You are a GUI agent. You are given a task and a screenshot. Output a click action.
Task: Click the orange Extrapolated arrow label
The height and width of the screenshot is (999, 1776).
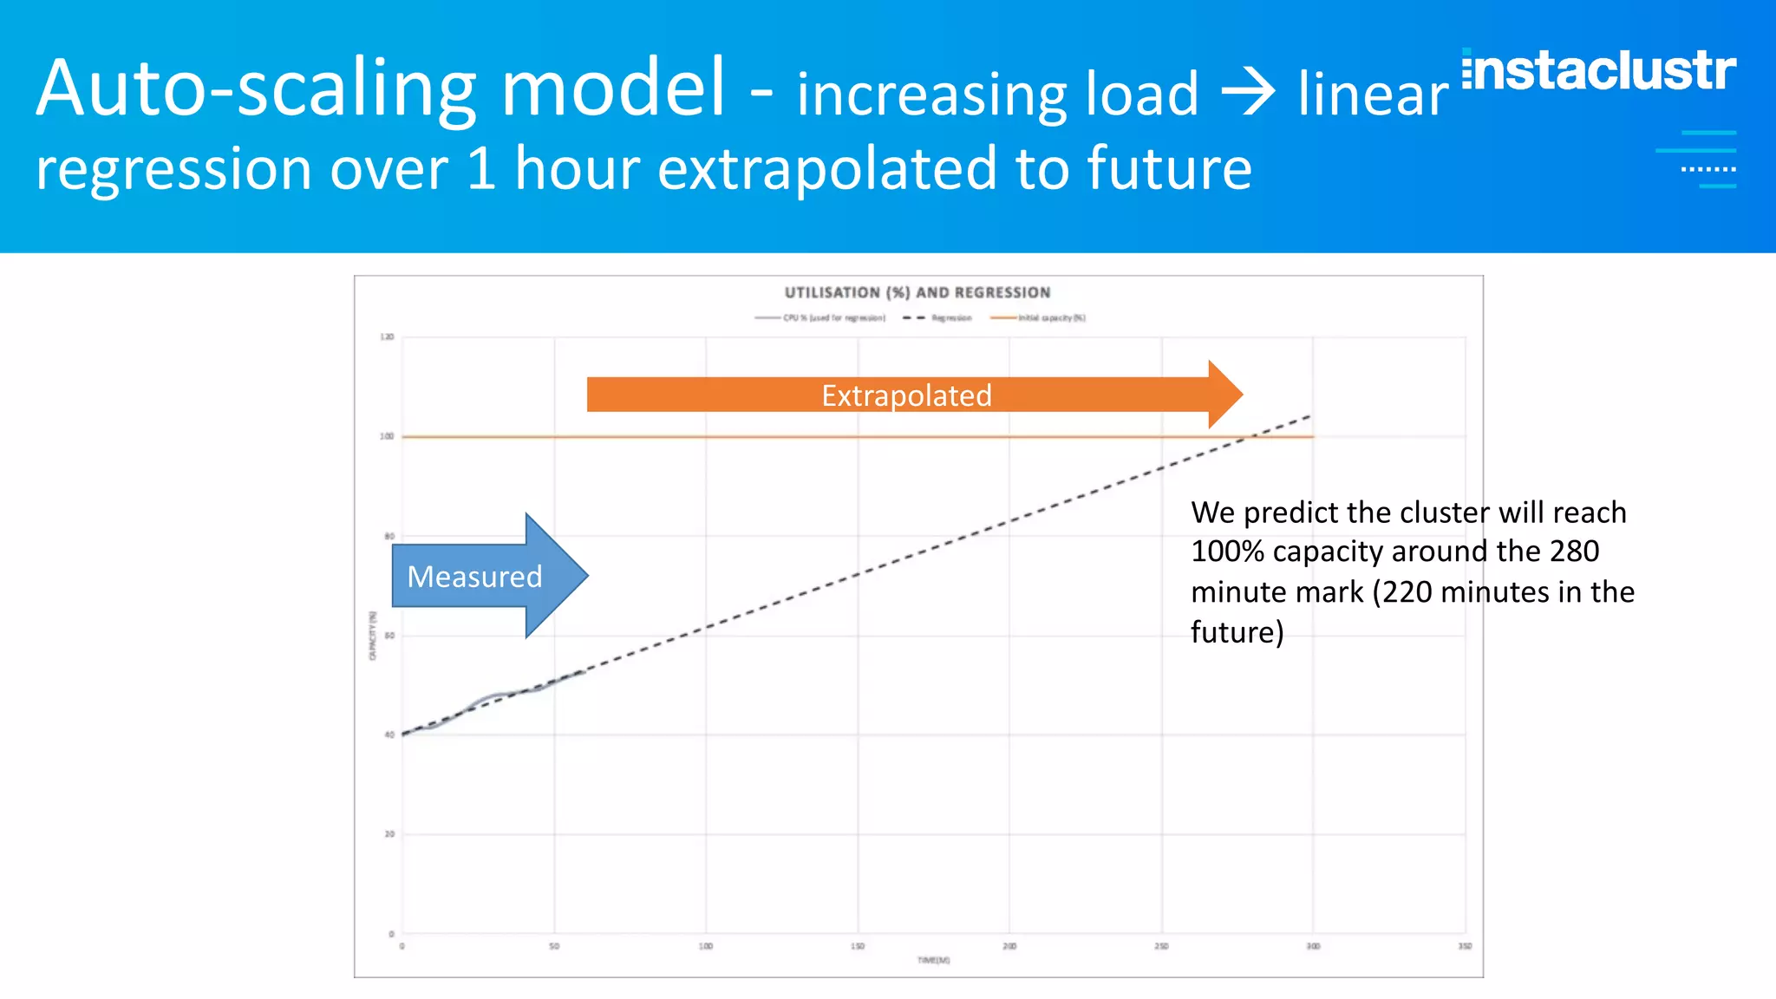(906, 395)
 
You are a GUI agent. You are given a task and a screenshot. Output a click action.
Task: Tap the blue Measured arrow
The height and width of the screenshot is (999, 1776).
(475, 577)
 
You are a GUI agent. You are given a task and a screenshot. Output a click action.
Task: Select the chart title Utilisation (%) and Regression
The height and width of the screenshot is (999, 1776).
(917, 293)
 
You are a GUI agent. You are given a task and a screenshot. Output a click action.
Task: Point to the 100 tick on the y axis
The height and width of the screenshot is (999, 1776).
(387, 436)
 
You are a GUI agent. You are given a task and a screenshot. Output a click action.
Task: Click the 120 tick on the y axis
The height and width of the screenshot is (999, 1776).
(387, 337)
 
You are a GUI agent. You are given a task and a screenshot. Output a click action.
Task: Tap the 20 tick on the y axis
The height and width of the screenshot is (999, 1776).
(389, 834)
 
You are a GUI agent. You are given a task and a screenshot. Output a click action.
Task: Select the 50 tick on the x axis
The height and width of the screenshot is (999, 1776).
(554, 946)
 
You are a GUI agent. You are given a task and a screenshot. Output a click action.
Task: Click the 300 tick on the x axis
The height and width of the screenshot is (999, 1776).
(1313, 946)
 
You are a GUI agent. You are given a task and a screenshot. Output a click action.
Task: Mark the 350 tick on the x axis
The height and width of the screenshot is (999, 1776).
(1465, 946)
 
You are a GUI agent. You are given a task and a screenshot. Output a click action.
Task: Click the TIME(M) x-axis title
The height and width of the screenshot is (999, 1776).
(934, 960)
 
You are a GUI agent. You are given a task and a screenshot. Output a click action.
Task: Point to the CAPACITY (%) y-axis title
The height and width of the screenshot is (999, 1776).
(373, 636)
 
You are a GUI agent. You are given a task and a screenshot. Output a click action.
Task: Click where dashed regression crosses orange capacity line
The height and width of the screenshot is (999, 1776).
(1245, 437)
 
